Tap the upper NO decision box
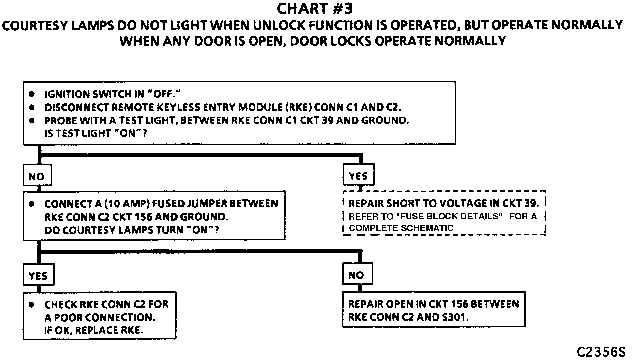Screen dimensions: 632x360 point(37,176)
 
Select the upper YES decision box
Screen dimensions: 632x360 point(358,176)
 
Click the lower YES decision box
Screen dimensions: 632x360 point(38,275)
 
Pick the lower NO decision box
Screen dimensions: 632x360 point(356,275)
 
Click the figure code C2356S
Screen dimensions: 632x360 point(601,352)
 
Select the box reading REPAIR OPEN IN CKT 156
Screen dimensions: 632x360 point(433,310)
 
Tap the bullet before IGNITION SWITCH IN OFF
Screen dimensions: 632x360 point(32,94)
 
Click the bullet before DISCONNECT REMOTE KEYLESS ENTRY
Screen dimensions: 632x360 point(32,108)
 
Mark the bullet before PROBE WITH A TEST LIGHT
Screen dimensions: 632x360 point(32,121)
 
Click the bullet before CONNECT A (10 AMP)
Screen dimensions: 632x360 point(32,204)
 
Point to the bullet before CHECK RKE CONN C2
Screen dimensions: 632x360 point(32,304)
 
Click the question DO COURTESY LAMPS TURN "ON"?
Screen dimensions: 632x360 point(132,230)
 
